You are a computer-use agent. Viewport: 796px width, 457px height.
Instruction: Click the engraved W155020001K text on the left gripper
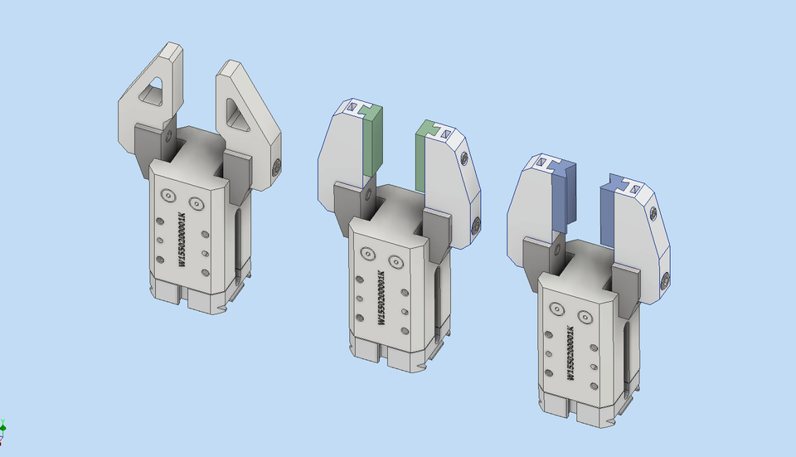[x=182, y=239]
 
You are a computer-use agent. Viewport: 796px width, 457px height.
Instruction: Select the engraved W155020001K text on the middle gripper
[x=381, y=299]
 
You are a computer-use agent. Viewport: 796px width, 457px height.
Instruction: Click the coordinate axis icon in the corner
[x=3, y=429]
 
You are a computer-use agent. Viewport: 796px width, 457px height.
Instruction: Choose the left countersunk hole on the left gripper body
[x=168, y=197]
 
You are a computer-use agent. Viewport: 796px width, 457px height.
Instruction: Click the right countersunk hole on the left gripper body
[x=196, y=202]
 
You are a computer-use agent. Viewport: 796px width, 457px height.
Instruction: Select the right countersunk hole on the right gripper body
[x=585, y=317]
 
